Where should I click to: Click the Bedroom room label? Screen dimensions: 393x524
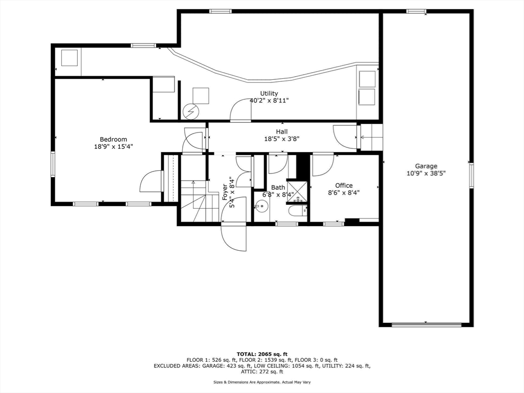[x=113, y=139]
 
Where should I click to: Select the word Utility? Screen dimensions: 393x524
[x=269, y=93]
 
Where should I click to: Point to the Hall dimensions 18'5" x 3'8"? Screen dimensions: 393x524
[x=281, y=139]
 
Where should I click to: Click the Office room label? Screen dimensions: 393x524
[x=344, y=185]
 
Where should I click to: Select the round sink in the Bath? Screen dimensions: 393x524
[x=261, y=207]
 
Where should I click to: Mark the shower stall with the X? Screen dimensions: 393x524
[x=297, y=190]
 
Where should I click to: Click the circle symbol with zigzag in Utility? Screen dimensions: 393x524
[x=190, y=110]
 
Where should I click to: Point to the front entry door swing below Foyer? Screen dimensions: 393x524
[x=233, y=237]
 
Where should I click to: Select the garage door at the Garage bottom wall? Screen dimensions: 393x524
[x=426, y=324]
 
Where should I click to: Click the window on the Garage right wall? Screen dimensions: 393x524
[x=471, y=175]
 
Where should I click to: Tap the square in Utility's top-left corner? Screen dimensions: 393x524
[x=69, y=58]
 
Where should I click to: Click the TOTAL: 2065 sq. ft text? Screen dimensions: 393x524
[x=262, y=354]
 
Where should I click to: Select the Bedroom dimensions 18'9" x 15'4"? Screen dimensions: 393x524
[x=113, y=146]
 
